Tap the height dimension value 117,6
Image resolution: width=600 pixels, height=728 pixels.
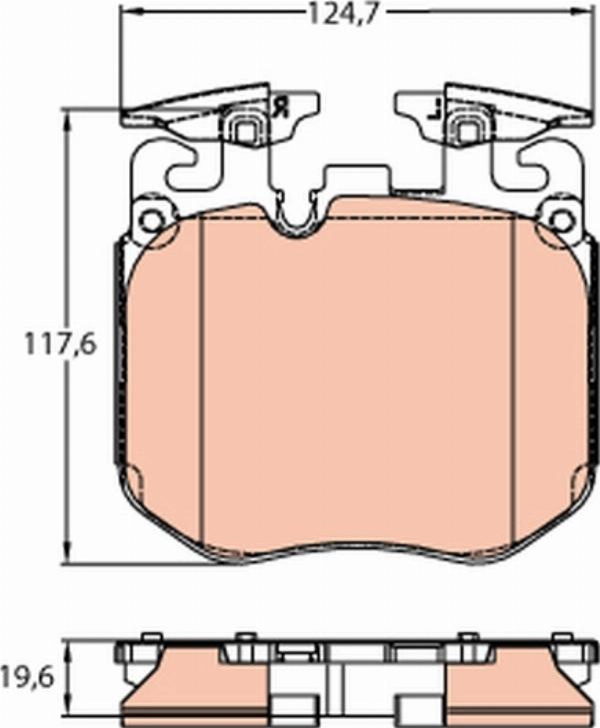pyautogui.click(x=60, y=345)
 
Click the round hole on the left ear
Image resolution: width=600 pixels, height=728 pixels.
pyautogui.click(x=149, y=220)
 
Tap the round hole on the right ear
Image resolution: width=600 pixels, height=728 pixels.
pyautogui.click(x=562, y=219)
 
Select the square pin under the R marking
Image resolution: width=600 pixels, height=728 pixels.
pyautogui.click(x=244, y=127)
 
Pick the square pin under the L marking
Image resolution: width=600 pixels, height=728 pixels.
pyautogui.click(x=465, y=127)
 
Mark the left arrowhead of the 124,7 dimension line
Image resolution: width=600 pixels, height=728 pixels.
pyautogui.click(x=126, y=14)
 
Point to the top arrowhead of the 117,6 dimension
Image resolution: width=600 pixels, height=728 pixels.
pyautogui.click(x=68, y=116)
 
